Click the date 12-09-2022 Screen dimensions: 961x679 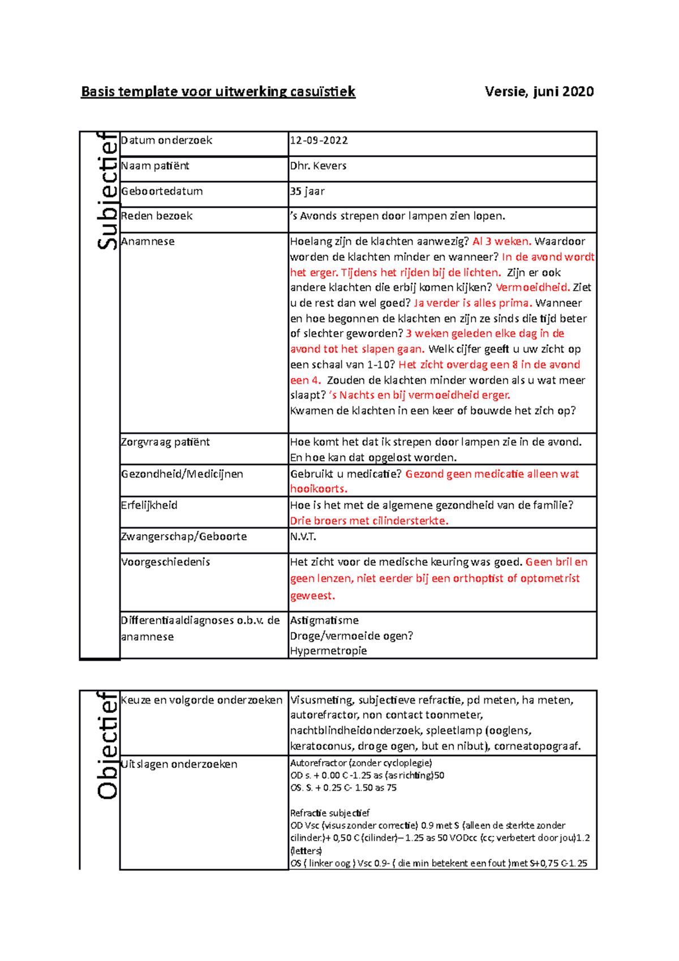click(x=319, y=140)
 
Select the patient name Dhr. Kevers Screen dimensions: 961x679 click(x=318, y=166)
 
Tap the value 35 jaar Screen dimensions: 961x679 click(x=307, y=191)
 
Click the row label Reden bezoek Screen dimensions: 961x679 click(x=157, y=216)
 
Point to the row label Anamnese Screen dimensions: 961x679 click(x=148, y=242)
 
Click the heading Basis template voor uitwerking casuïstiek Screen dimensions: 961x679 click(x=218, y=92)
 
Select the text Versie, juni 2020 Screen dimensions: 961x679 click(x=539, y=92)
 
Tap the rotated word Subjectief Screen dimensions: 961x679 click(x=107, y=191)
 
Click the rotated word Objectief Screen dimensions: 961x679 click(x=107, y=745)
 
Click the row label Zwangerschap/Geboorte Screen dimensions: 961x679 click(x=184, y=537)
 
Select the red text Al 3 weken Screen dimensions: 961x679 click(x=501, y=242)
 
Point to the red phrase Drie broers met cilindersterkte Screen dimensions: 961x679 click(x=369, y=521)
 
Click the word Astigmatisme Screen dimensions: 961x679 click(x=324, y=621)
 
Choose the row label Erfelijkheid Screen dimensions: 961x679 click(x=149, y=505)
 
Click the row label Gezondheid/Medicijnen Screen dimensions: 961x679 click(x=182, y=474)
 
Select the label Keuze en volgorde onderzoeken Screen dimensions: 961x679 click(x=201, y=700)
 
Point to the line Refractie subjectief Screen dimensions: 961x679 click(x=329, y=813)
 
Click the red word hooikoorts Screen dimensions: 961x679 click(x=318, y=489)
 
